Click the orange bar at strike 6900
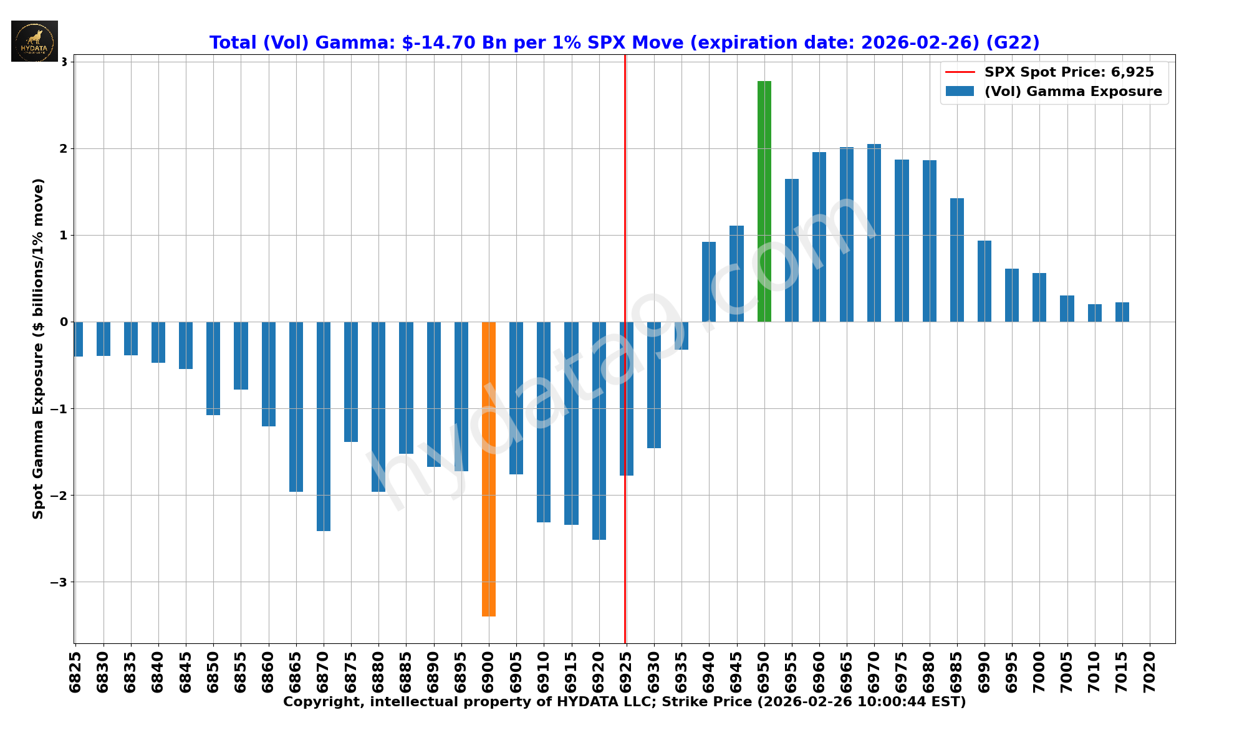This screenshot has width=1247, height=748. tap(489, 469)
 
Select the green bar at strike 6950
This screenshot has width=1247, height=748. tap(764, 201)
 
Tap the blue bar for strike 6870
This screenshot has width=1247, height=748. tap(324, 426)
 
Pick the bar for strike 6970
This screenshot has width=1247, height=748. tap(874, 233)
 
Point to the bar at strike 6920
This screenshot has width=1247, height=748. tap(599, 431)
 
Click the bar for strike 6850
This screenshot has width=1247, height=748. tap(213, 368)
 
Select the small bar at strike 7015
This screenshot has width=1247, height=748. tap(1122, 312)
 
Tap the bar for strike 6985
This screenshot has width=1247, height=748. tap(957, 260)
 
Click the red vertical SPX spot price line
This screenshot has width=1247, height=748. tap(625, 187)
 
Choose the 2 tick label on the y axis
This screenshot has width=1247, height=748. tap(63, 148)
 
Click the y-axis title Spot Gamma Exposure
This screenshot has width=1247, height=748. tap(38, 348)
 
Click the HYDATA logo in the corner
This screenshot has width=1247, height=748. tap(34, 41)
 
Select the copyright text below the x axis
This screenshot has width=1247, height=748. tap(624, 702)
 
